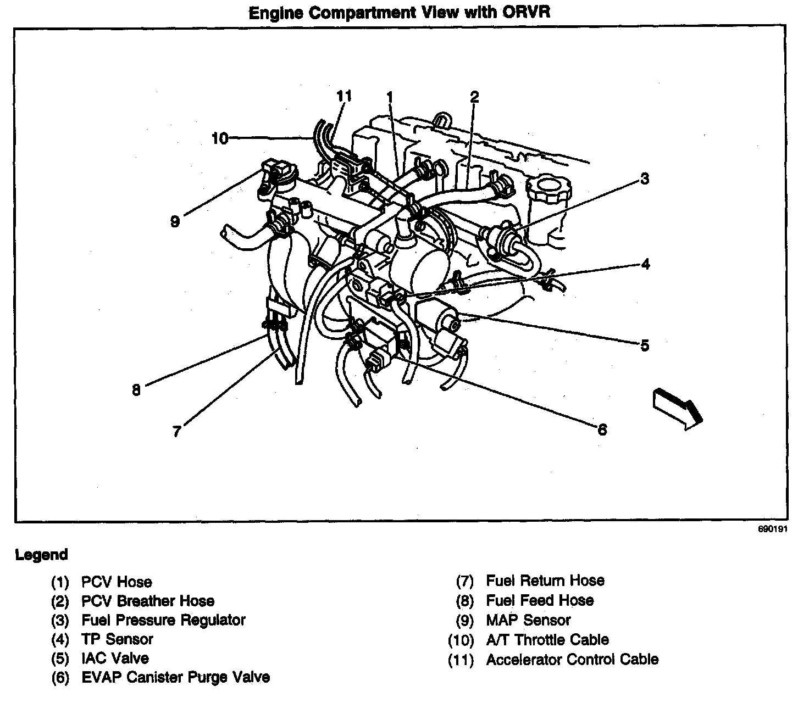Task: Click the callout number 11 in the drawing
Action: (344, 96)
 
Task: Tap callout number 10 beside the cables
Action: (219, 138)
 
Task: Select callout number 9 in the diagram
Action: (175, 222)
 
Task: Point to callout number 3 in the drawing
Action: (644, 178)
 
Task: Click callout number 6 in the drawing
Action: (602, 430)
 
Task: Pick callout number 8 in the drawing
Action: (136, 390)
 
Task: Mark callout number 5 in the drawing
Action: (645, 345)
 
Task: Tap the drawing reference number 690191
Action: (773, 531)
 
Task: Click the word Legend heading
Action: (42, 555)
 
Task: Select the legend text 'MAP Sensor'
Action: (528, 620)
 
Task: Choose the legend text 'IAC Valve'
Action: (115, 658)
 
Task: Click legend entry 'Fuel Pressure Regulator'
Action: (163, 620)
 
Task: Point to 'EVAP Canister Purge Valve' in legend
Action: (175, 677)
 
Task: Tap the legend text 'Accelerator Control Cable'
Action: (572, 659)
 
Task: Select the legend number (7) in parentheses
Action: (464, 581)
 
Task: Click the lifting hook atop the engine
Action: (442, 119)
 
